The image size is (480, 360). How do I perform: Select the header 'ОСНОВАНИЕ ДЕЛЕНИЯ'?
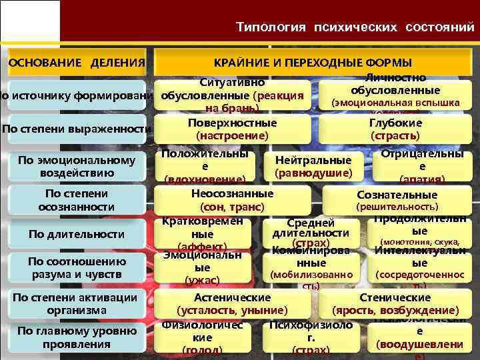click(x=77, y=63)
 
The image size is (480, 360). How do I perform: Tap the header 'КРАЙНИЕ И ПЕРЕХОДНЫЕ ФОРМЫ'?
click(x=311, y=63)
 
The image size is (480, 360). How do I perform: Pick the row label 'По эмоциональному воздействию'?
click(x=76, y=167)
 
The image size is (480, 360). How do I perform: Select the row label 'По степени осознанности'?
click(x=76, y=201)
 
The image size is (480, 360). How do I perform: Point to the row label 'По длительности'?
click(x=76, y=234)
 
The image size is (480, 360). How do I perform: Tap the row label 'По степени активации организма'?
click(x=76, y=304)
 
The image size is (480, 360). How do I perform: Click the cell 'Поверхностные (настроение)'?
click(x=232, y=129)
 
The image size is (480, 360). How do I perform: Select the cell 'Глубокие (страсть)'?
click(x=395, y=129)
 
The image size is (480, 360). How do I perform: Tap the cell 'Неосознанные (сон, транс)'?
click(x=232, y=200)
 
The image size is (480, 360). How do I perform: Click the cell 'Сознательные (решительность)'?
click(x=397, y=201)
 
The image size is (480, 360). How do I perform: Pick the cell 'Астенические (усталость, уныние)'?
click(x=232, y=304)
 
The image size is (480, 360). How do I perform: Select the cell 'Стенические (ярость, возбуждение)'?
click(x=395, y=304)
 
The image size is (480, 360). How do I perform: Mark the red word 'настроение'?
click(x=232, y=135)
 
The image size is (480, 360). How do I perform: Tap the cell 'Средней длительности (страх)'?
click(x=310, y=234)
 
